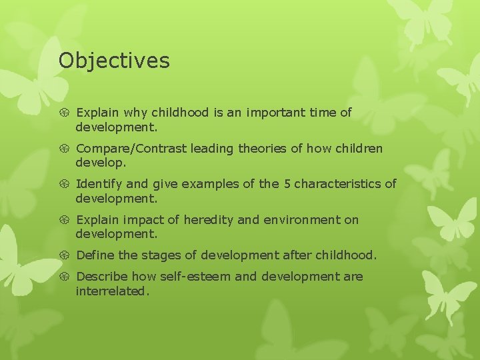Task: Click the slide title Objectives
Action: tap(114, 61)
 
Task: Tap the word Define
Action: tap(97, 255)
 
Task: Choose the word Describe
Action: tap(102, 277)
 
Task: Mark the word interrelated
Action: tap(112, 291)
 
